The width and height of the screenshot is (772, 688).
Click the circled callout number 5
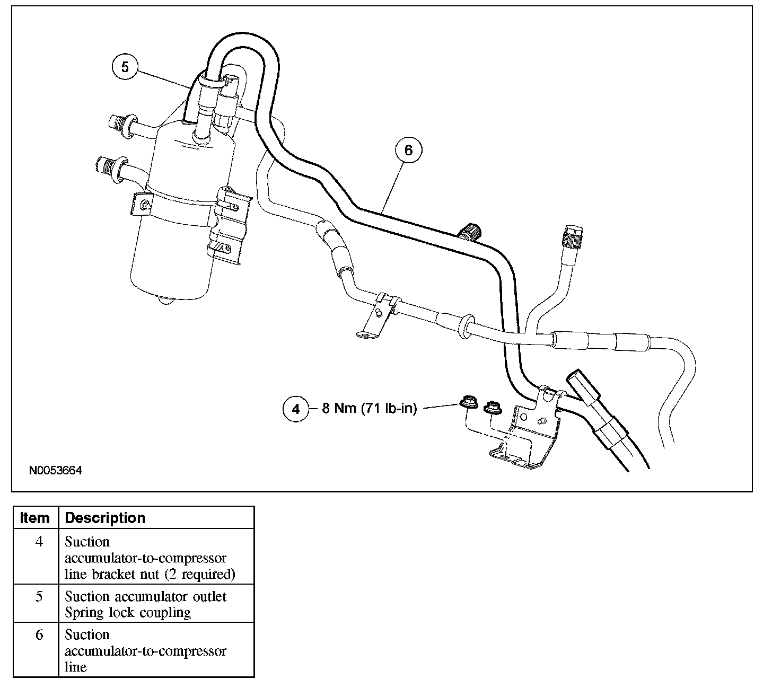(125, 67)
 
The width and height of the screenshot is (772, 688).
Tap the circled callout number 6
(408, 150)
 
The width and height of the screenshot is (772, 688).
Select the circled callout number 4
(296, 409)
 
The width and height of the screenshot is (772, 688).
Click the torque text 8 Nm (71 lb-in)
(370, 409)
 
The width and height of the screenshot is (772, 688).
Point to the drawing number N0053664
(56, 470)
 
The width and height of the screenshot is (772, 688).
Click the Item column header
(35, 518)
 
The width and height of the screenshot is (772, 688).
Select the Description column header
(105, 518)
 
